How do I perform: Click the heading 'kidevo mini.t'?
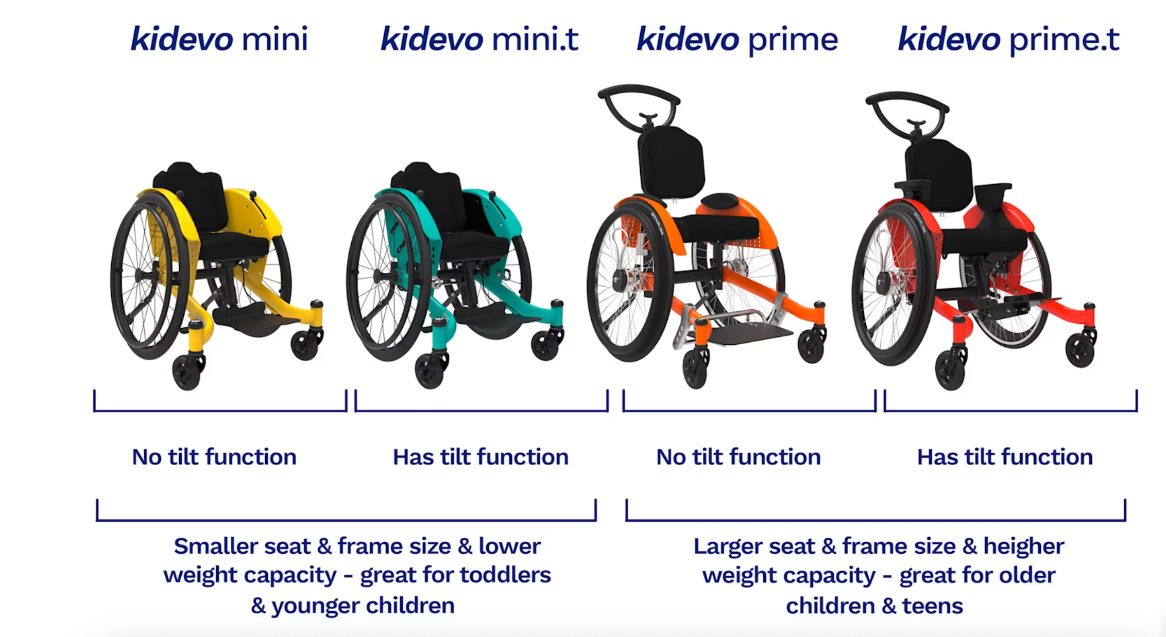click(479, 39)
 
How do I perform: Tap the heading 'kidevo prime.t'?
click(1008, 39)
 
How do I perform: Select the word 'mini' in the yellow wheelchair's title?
click(275, 39)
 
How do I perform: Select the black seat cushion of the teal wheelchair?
click(474, 244)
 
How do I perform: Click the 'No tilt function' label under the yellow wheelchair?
click(214, 457)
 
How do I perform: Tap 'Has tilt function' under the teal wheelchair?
click(481, 457)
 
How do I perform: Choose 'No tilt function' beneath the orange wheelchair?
click(738, 457)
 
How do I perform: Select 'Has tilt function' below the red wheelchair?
click(1005, 457)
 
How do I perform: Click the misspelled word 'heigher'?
click(1023, 546)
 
